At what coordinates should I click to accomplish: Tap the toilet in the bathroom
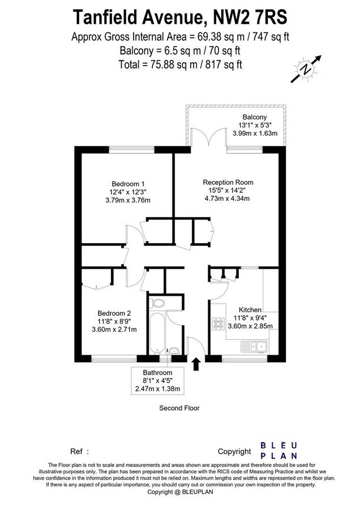coord(159,304)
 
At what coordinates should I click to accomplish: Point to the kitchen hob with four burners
coord(218,324)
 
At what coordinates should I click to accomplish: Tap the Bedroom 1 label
coord(128,184)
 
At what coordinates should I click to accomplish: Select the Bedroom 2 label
coord(114,313)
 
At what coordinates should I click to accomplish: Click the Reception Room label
coord(228,182)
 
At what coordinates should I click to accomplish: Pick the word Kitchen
coord(250,310)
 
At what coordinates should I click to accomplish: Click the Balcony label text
coord(255,117)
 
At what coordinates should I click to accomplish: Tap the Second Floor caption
coord(179,408)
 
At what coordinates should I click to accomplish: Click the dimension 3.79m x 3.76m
coord(127,200)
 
